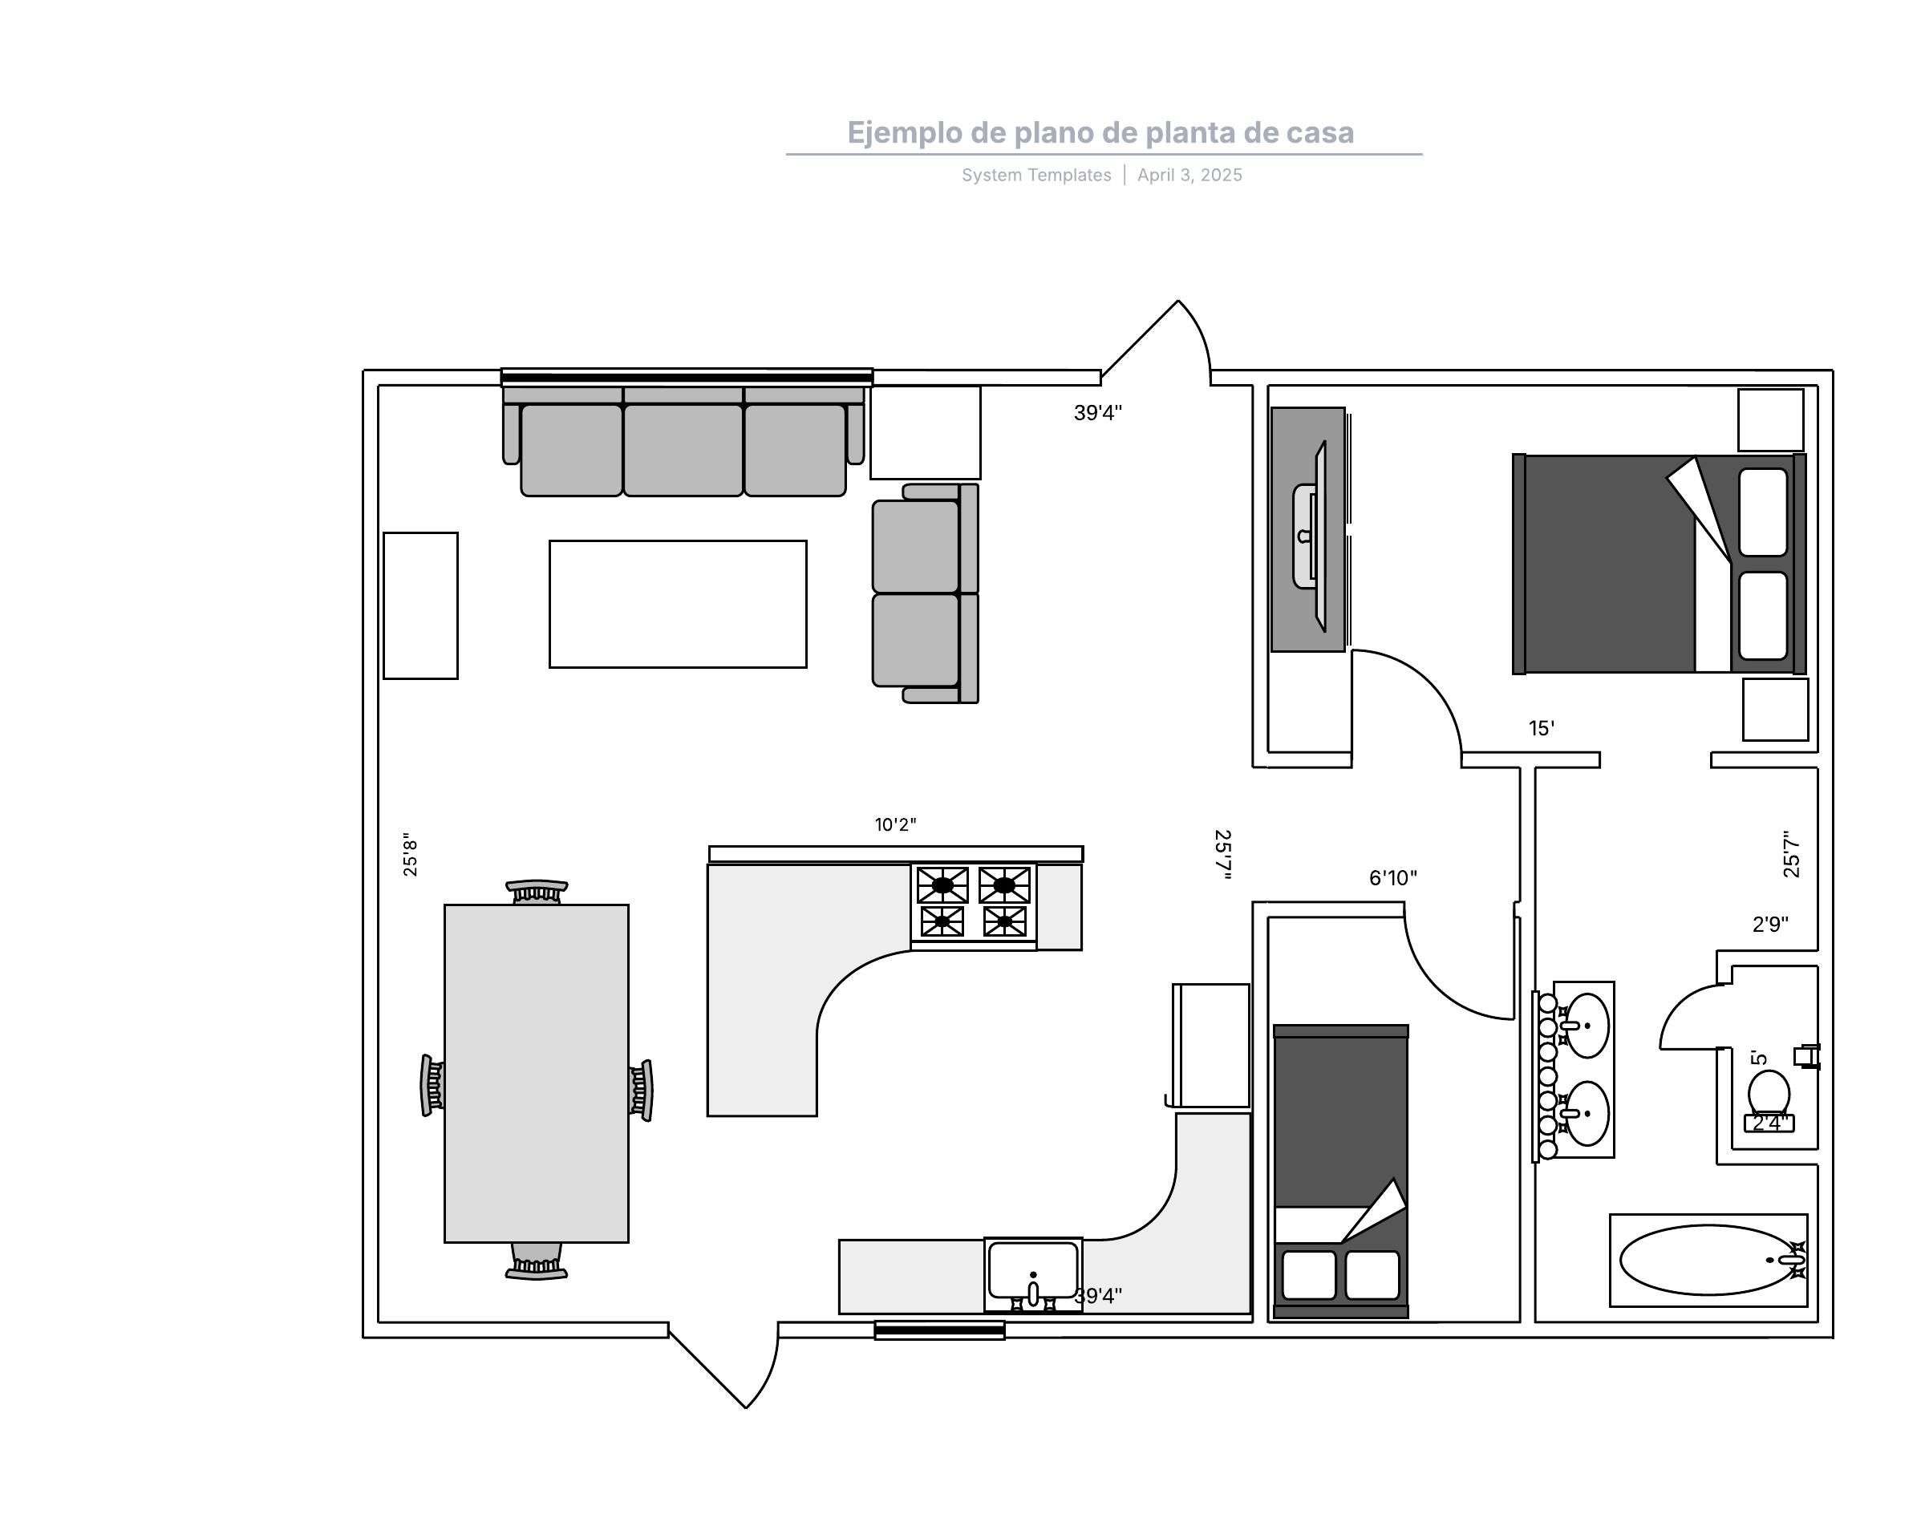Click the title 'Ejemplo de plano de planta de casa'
pyautogui.click(x=1100, y=133)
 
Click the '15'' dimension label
pyautogui.click(x=1541, y=728)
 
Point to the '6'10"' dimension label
pyautogui.click(x=1393, y=877)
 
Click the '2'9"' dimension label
pyautogui.click(x=1770, y=924)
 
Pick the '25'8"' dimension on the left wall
pyautogui.click(x=410, y=855)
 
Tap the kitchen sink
pyautogui.click(x=1033, y=1273)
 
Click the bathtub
pyautogui.click(x=1708, y=1260)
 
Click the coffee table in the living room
pyautogui.click(x=678, y=604)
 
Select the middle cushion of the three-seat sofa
pyautogui.click(x=683, y=448)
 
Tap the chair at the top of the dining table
pyautogui.click(x=537, y=892)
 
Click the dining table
pyautogui.click(x=537, y=1074)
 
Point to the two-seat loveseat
pyautogui.click(x=925, y=593)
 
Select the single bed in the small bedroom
pyautogui.click(x=1340, y=1171)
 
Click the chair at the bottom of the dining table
pyautogui.click(x=537, y=1261)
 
